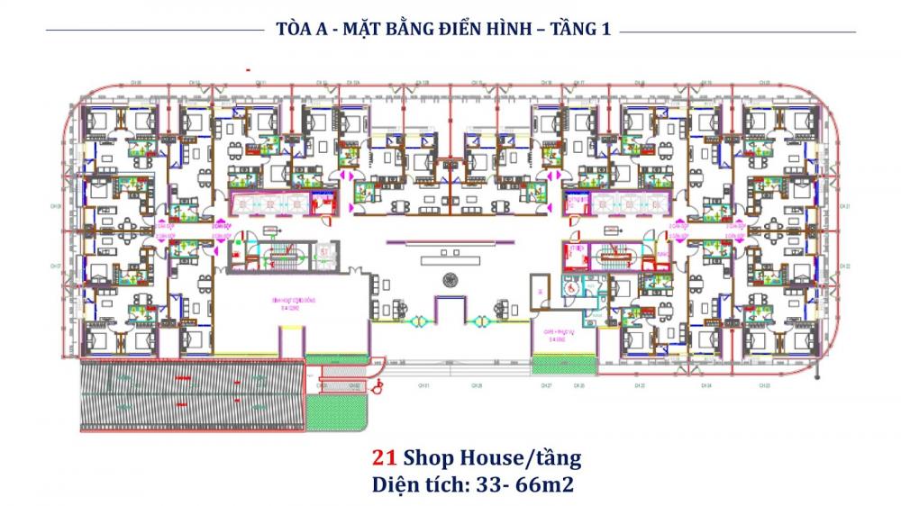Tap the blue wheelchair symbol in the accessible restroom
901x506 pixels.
coord(569,289)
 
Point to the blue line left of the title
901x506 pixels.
coord(153,31)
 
